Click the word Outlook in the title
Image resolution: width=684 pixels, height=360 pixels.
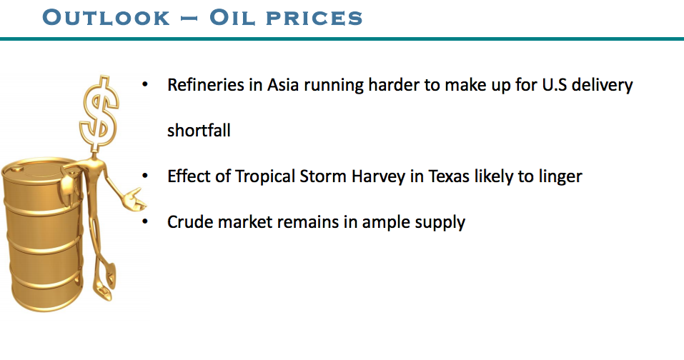point(106,17)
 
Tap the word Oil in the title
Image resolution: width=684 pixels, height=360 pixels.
point(232,17)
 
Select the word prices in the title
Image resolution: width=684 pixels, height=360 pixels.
point(314,19)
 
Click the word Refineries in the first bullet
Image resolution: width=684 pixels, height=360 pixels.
point(205,84)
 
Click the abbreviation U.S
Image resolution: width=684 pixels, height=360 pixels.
point(555,84)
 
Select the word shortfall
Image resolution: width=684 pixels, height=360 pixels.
point(199,130)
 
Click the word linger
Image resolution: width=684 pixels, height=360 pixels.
point(560,177)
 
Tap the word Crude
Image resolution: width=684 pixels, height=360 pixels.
point(190,222)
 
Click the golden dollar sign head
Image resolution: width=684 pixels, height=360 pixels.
point(99,114)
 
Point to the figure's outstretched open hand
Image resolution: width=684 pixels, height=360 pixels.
point(134,199)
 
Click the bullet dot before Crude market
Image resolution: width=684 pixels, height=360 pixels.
point(145,222)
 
